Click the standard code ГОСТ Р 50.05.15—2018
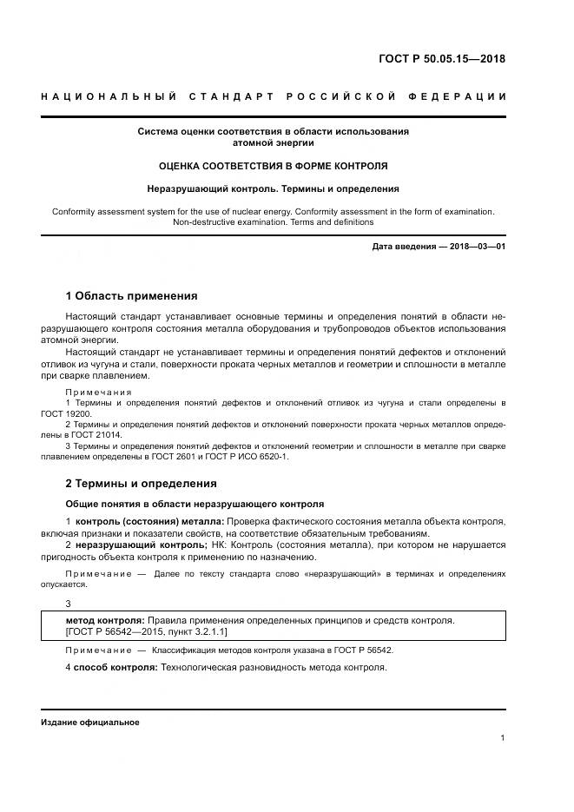[x=441, y=60]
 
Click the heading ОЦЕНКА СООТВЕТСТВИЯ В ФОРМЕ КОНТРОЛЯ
[x=273, y=165]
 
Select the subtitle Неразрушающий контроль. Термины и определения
[x=273, y=188]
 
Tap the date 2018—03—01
[x=476, y=248]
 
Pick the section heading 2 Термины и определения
[x=141, y=483]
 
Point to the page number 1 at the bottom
[x=503, y=737]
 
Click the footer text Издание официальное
[x=90, y=722]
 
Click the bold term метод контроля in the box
[x=104, y=620]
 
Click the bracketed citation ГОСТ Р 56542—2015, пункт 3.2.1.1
[x=147, y=632]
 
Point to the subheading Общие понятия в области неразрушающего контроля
[x=195, y=503]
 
